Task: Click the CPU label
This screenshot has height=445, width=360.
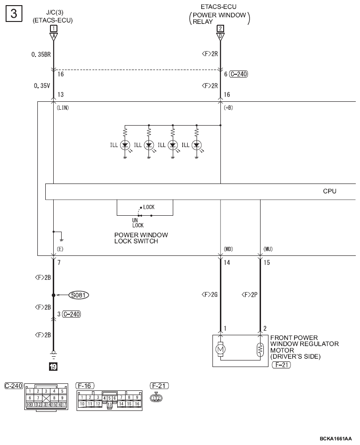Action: pyautogui.click(x=329, y=191)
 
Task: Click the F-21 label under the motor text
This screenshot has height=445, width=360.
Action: pyautogui.click(x=281, y=365)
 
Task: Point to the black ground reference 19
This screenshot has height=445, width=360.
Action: pyautogui.click(x=53, y=367)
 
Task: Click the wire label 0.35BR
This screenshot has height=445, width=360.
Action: pyautogui.click(x=41, y=55)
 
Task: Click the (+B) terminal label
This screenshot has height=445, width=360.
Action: pyautogui.click(x=228, y=107)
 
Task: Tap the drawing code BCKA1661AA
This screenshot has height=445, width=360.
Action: pyautogui.click(x=336, y=439)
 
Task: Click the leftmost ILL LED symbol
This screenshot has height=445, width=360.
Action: pyautogui.click(x=125, y=145)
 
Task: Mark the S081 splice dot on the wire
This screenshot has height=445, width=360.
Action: pyautogui.click(x=53, y=295)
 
